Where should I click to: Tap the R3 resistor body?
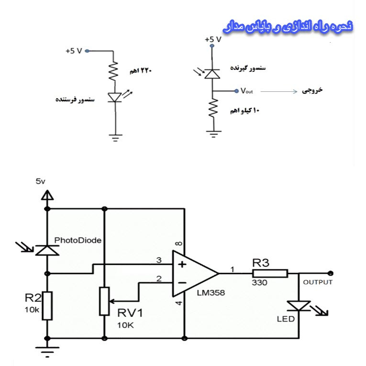[x=270, y=274]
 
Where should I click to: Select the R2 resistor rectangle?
[x=47, y=305]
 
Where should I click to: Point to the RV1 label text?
[x=130, y=313]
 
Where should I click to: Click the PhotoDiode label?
[x=78, y=240]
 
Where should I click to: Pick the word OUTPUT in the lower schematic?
[x=317, y=282]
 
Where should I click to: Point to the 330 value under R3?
[x=260, y=283]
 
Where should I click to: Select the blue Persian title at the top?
[x=288, y=26]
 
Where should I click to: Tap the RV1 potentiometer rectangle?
[x=104, y=301]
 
